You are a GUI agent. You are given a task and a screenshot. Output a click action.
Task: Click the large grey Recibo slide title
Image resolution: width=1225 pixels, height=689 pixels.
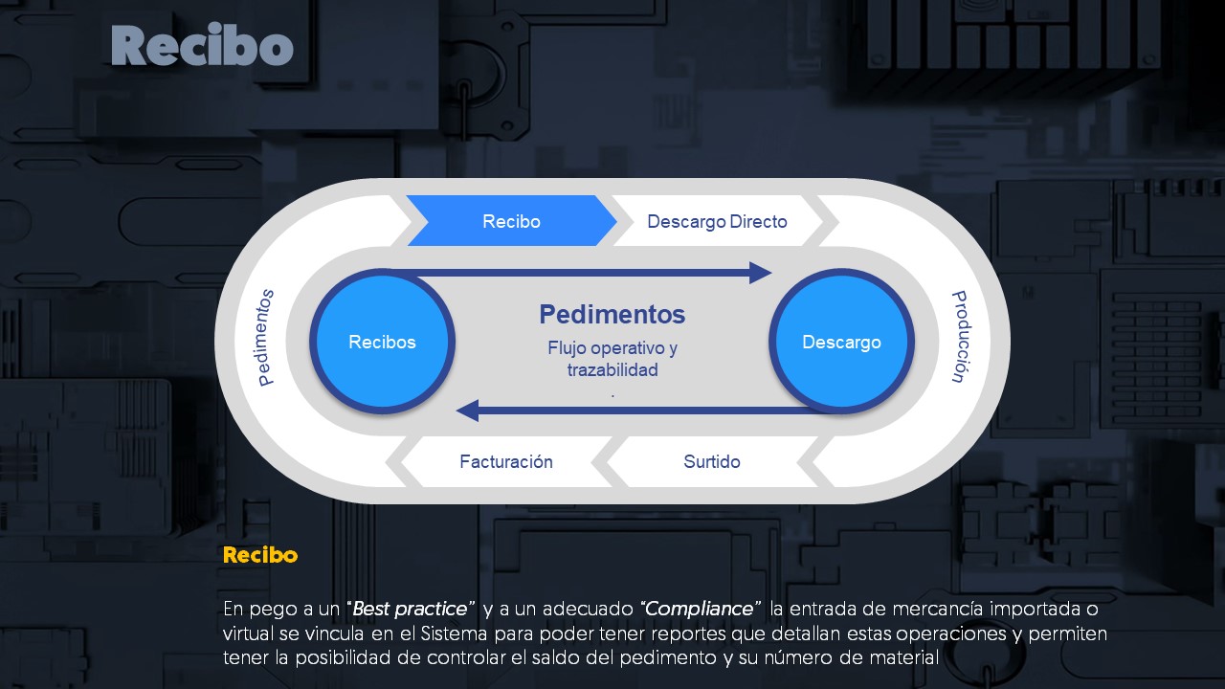click(x=202, y=47)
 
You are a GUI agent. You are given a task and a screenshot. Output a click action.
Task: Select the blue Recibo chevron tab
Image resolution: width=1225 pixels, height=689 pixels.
click(x=511, y=221)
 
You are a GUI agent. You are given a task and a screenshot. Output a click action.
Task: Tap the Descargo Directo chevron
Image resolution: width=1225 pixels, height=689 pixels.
click(x=717, y=221)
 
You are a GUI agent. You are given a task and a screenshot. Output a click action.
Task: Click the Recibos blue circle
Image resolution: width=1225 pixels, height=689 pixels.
click(x=383, y=342)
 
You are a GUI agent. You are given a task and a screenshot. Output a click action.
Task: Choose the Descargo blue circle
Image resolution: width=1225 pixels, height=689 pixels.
click(x=841, y=342)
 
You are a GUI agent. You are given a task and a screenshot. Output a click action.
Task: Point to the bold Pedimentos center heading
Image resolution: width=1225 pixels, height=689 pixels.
click(x=612, y=314)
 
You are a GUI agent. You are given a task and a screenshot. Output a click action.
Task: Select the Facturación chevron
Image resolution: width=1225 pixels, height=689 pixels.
click(x=506, y=461)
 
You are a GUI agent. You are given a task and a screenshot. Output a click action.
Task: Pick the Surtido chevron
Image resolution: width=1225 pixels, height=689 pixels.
click(x=711, y=461)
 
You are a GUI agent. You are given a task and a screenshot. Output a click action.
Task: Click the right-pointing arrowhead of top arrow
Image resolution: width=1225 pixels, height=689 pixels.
click(x=760, y=273)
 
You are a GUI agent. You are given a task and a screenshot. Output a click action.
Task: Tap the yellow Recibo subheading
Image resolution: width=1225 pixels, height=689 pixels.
click(x=260, y=555)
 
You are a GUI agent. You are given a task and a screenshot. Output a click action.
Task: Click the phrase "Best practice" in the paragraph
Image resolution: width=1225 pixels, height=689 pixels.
click(x=412, y=609)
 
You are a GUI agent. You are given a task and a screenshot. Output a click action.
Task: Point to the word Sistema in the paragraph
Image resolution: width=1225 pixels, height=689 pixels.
click(x=428, y=633)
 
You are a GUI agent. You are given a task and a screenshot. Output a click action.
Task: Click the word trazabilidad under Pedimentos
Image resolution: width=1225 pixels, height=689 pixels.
click(x=612, y=370)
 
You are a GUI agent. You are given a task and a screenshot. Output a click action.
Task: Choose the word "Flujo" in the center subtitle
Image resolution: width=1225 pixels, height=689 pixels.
click(x=568, y=347)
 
